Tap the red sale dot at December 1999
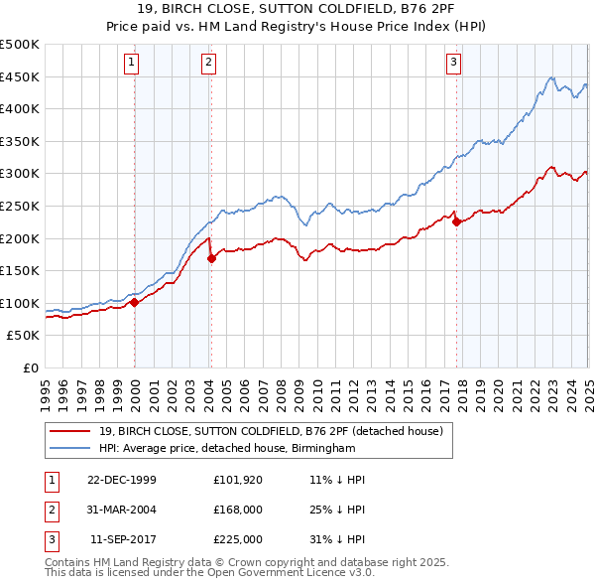[x=135, y=303]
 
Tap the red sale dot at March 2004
[x=211, y=259]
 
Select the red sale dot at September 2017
[x=456, y=222]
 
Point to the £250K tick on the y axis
[x=20, y=206]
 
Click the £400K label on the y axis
[x=20, y=108]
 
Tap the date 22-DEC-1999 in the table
[x=121, y=480]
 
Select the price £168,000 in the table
[x=238, y=510]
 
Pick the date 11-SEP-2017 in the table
[x=123, y=539]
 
